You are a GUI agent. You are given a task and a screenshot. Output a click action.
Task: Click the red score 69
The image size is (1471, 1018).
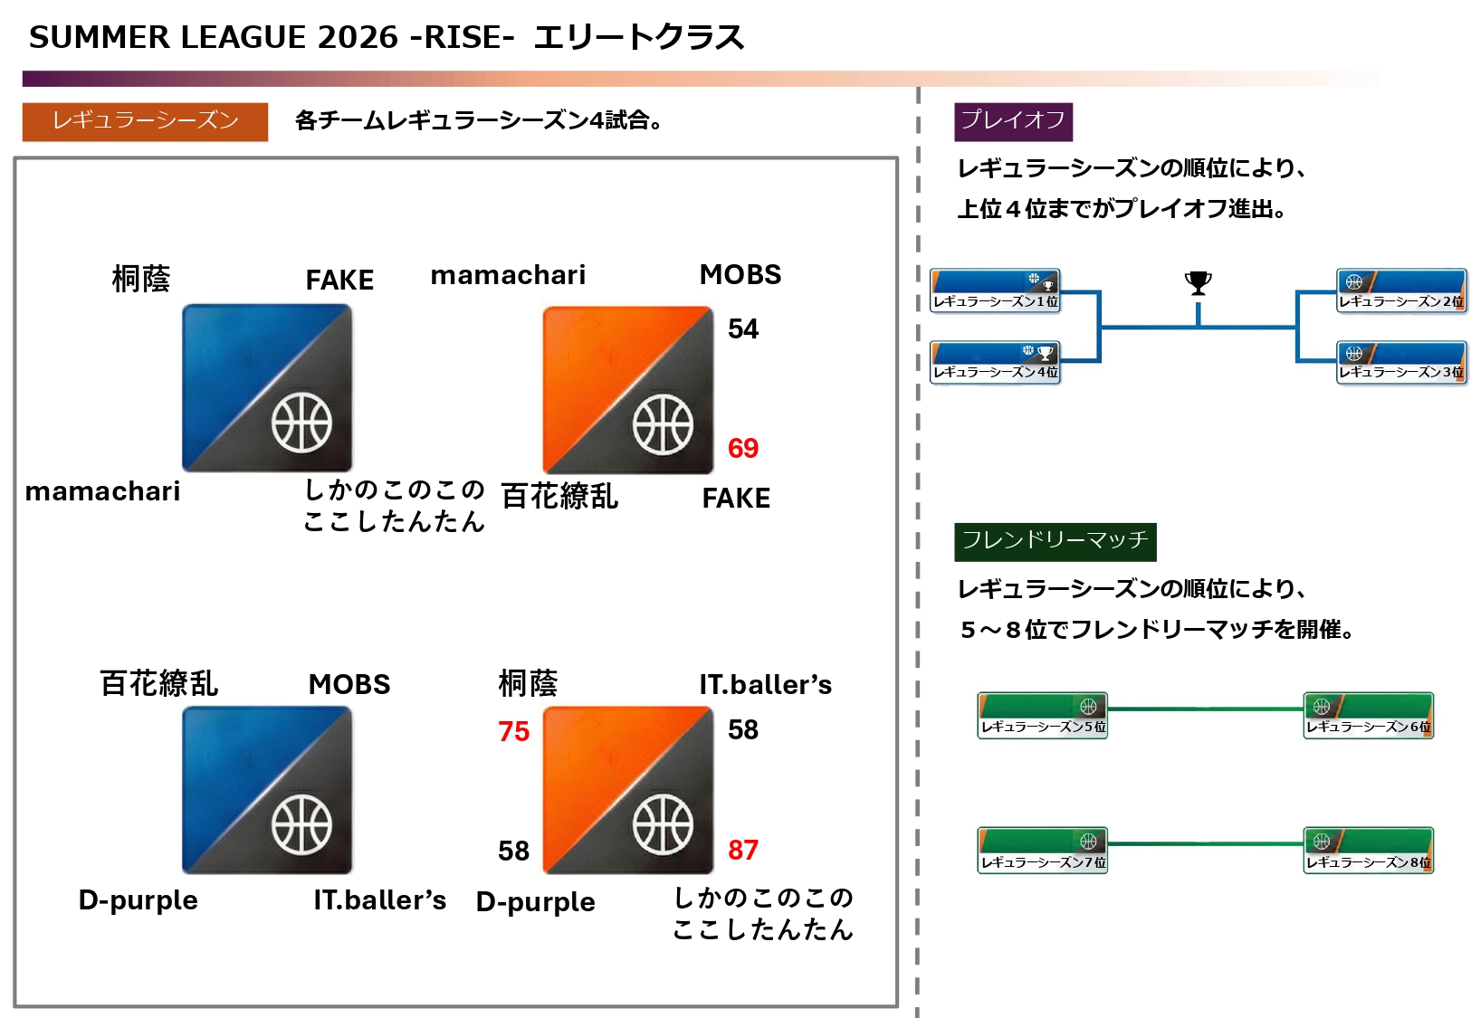[743, 448]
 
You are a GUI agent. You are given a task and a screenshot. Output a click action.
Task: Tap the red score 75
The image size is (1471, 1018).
[513, 731]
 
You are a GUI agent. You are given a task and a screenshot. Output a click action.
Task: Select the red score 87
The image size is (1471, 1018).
[743, 850]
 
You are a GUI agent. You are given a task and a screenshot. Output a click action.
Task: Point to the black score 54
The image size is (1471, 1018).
[743, 328]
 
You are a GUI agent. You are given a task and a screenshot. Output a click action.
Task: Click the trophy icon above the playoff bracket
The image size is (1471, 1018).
[1198, 283]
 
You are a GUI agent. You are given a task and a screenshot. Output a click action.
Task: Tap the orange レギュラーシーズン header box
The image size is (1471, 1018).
[145, 121]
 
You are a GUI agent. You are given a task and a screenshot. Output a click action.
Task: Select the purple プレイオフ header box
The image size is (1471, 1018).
[1013, 121]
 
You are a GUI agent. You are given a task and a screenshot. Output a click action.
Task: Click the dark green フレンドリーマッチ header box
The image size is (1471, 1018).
[1055, 541]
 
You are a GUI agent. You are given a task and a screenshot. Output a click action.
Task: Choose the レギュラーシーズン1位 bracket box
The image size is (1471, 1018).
[995, 291]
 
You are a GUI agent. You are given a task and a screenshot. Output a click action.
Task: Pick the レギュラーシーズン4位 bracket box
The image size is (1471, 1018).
[995, 363]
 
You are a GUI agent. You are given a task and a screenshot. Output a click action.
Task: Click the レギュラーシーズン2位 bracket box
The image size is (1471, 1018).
[1400, 291]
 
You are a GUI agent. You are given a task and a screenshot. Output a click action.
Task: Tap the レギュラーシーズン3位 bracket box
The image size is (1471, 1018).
[1400, 363]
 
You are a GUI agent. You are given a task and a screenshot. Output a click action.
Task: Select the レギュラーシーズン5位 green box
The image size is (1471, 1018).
[1043, 716]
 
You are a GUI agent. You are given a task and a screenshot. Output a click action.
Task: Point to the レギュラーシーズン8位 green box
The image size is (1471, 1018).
[1368, 851]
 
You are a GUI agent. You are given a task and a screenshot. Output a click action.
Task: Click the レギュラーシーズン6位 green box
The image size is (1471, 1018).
[1368, 716]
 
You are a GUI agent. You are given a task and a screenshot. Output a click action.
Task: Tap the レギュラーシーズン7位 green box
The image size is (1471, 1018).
[1043, 851]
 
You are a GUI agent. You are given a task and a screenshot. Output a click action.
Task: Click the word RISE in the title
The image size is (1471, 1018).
[464, 37]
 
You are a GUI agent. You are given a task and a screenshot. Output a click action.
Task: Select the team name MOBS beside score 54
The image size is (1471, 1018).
[740, 274]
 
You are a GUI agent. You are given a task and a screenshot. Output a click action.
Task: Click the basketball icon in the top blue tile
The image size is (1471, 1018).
[302, 423]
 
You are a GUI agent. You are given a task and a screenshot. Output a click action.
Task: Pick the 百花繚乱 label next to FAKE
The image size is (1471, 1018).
[559, 497]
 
